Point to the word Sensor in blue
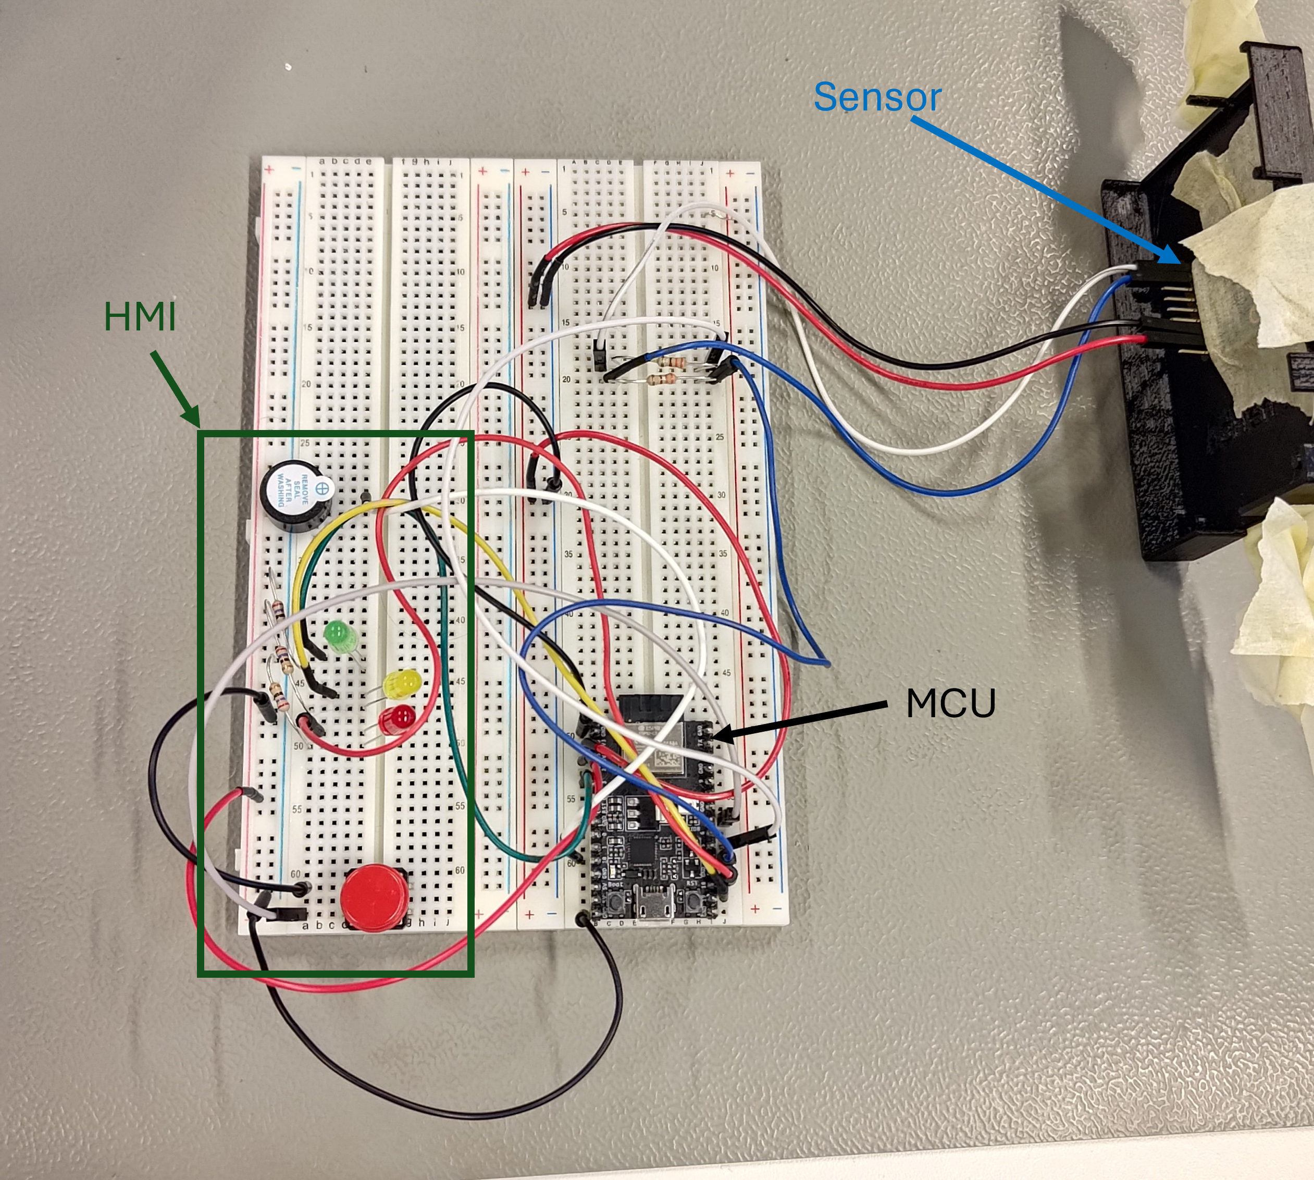point(876,97)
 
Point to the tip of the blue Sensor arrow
point(1179,263)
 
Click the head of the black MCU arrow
point(717,734)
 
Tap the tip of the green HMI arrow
point(197,425)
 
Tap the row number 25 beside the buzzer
point(305,443)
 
